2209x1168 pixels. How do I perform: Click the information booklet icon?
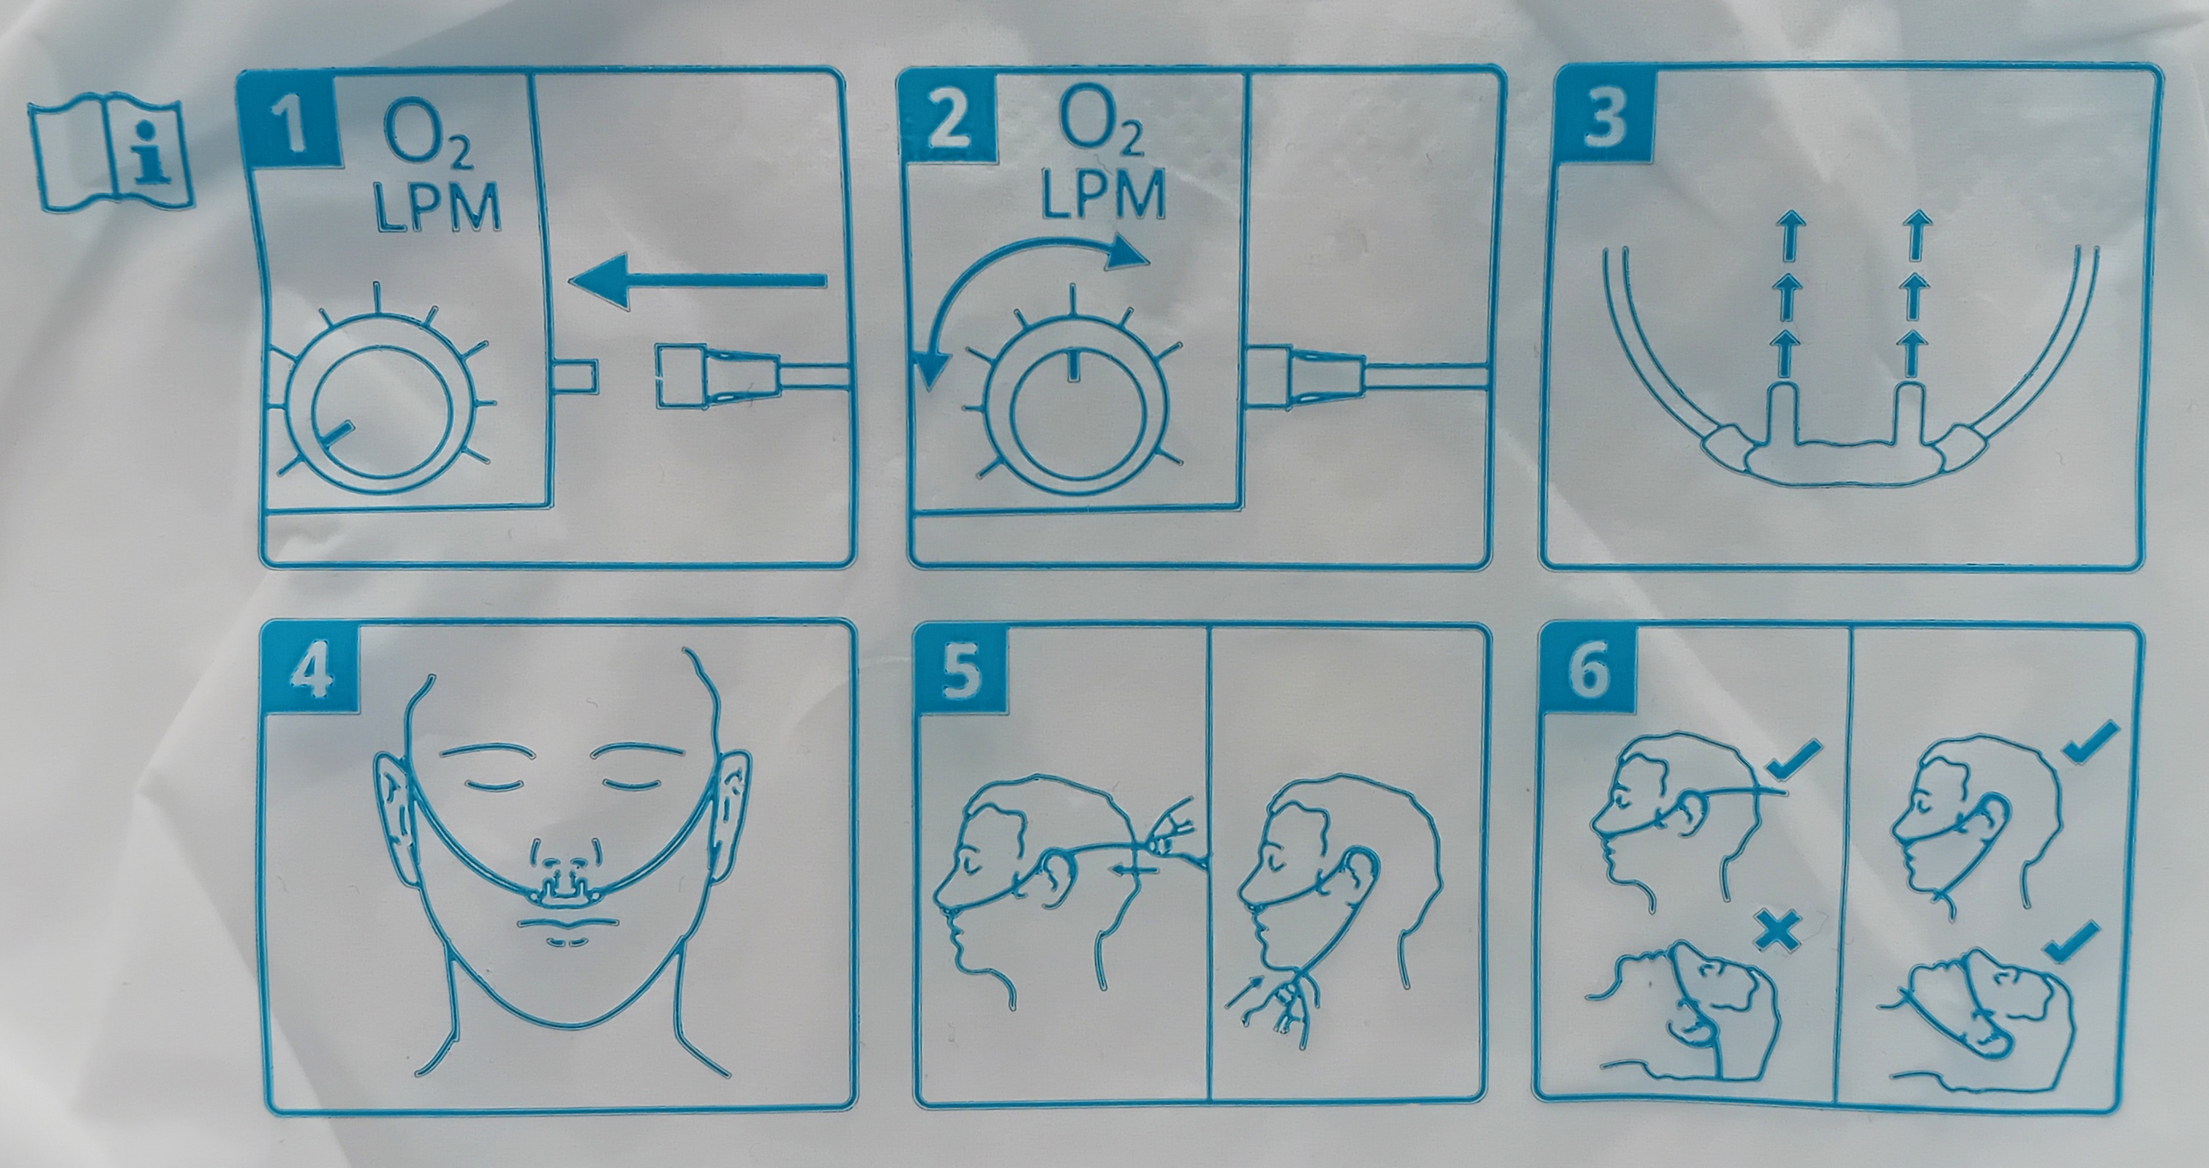(110, 155)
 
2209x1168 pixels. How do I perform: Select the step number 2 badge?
(947, 120)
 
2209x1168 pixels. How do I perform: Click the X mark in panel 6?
(1777, 931)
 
